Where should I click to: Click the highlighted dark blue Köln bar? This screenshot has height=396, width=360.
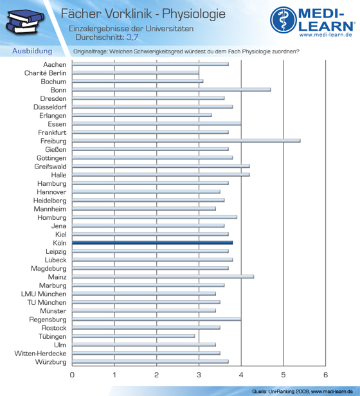pos(152,243)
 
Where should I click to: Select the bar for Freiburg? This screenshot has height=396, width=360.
pos(186,141)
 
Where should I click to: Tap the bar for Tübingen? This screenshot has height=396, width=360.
pos(133,336)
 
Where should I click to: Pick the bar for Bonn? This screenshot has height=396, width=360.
pos(171,89)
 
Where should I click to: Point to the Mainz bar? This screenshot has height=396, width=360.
pos(163,276)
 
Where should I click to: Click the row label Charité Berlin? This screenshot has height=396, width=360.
pos(45,73)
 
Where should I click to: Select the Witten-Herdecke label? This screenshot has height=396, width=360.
pos(40,354)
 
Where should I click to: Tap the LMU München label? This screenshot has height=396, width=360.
pos(44,294)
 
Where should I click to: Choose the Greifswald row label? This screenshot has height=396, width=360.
pos(51,166)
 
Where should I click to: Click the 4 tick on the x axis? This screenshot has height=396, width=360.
pos(241,375)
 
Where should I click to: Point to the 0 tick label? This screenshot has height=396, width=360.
pos(72,375)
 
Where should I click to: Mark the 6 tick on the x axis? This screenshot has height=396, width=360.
pos(325,375)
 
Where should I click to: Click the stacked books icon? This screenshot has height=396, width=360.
pos(24,21)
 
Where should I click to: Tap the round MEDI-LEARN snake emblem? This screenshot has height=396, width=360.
pos(283,20)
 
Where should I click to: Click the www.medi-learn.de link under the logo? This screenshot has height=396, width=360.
pos(326,35)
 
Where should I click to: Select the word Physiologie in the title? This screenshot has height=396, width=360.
pos(194,14)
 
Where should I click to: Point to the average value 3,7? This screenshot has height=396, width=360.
pos(132,37)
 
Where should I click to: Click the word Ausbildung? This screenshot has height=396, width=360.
pos(32,51)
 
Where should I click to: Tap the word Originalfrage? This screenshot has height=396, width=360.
pos(90,51)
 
